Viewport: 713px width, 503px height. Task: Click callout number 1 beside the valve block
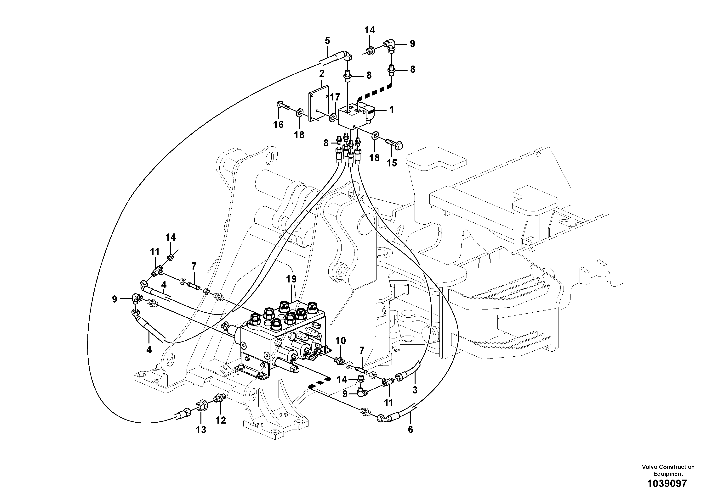392,110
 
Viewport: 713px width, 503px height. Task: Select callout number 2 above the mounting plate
321,74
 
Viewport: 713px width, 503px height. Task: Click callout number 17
335,97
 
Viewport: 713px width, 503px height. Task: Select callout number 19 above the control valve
291,279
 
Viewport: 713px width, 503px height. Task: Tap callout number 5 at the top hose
327,41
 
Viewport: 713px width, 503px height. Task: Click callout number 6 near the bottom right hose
410,430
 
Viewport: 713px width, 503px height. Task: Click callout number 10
340,341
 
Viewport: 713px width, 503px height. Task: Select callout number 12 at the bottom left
221,420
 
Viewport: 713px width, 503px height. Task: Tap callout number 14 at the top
370,30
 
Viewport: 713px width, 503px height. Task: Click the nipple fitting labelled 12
220,398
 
